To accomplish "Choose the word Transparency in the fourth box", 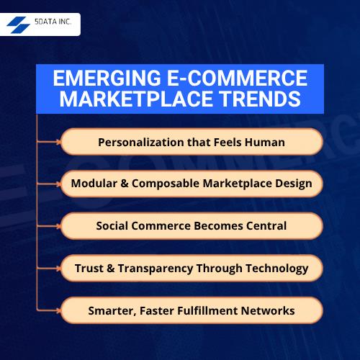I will click(155, 268).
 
